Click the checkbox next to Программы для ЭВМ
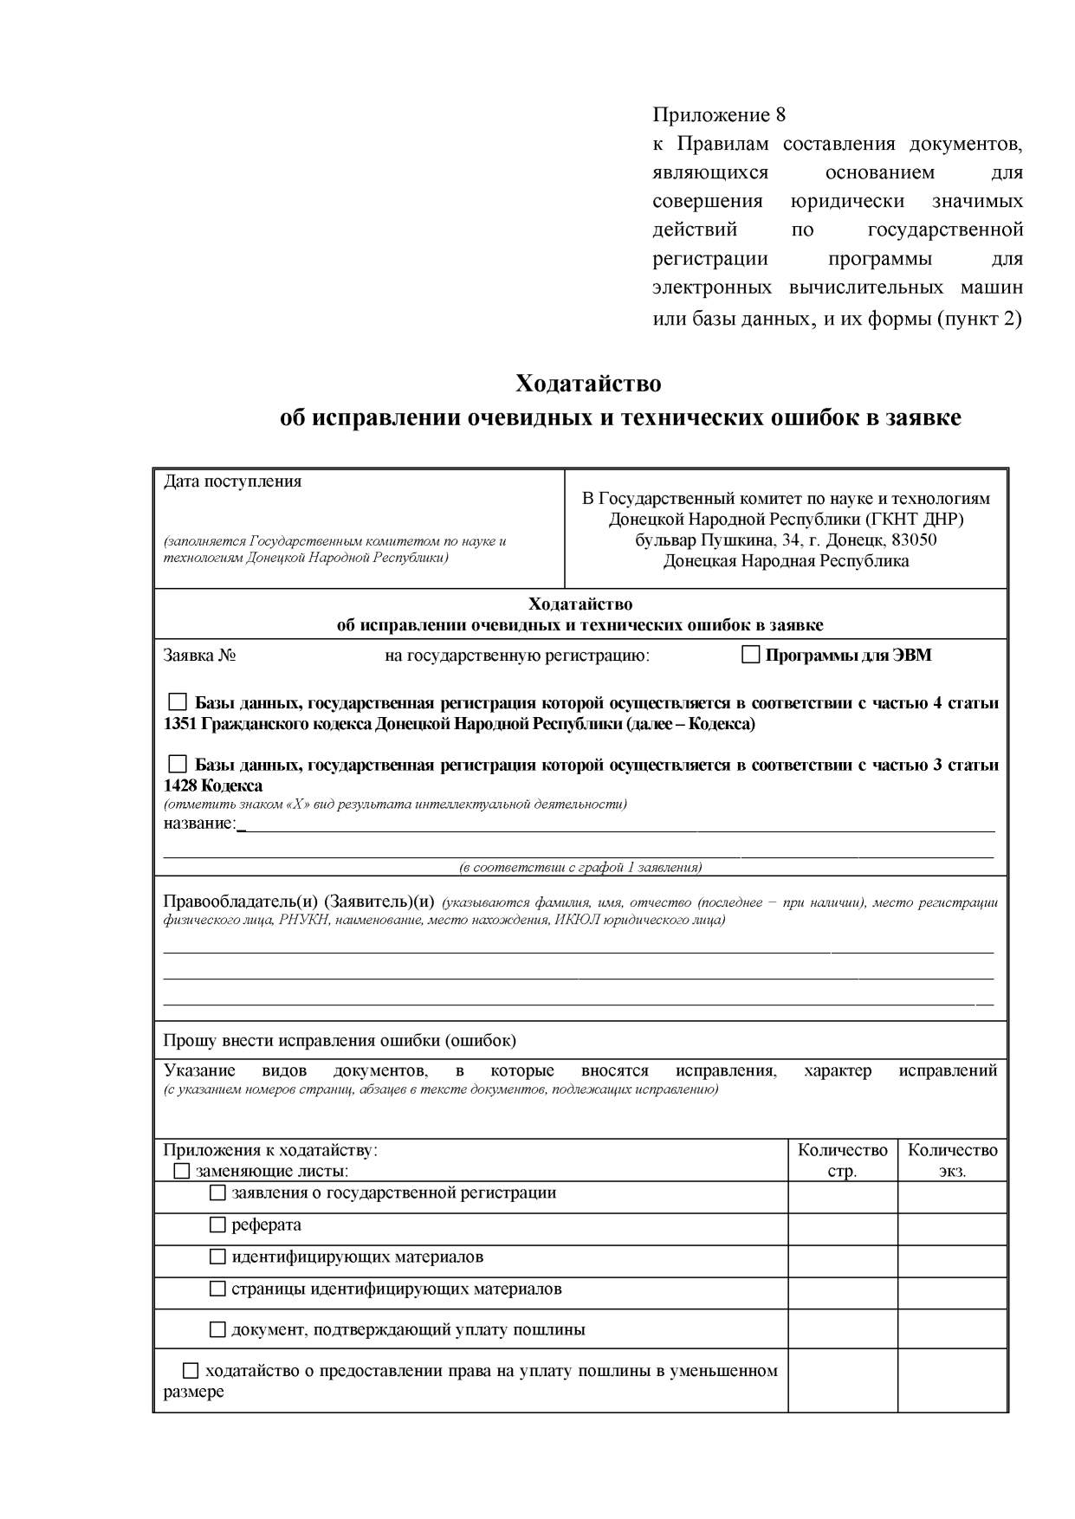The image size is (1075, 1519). (751, 655)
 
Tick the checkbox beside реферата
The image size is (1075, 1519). (218, 1225)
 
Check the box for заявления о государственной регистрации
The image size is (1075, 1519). (218, 1193)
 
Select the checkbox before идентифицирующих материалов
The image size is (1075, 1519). (218, 1257)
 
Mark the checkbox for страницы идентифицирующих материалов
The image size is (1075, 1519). (218, 1289)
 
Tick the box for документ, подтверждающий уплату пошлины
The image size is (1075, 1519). (218, 1329)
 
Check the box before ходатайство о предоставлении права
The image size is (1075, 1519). (191, 1371)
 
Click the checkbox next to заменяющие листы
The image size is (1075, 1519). (182, 1172)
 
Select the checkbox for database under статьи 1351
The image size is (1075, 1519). (178, 701)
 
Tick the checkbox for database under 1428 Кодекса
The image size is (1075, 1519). (178, 764)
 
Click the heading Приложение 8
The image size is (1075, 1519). (718, 114)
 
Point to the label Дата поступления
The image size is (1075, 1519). (232, 482)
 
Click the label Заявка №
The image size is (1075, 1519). (200, 656)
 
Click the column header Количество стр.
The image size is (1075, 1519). (842, 1160)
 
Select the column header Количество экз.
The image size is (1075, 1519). (952, 1160)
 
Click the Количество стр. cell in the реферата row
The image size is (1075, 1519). (842, 1229)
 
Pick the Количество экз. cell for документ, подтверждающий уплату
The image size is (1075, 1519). (952, 1328)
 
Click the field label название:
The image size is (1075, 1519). (199, 823)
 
